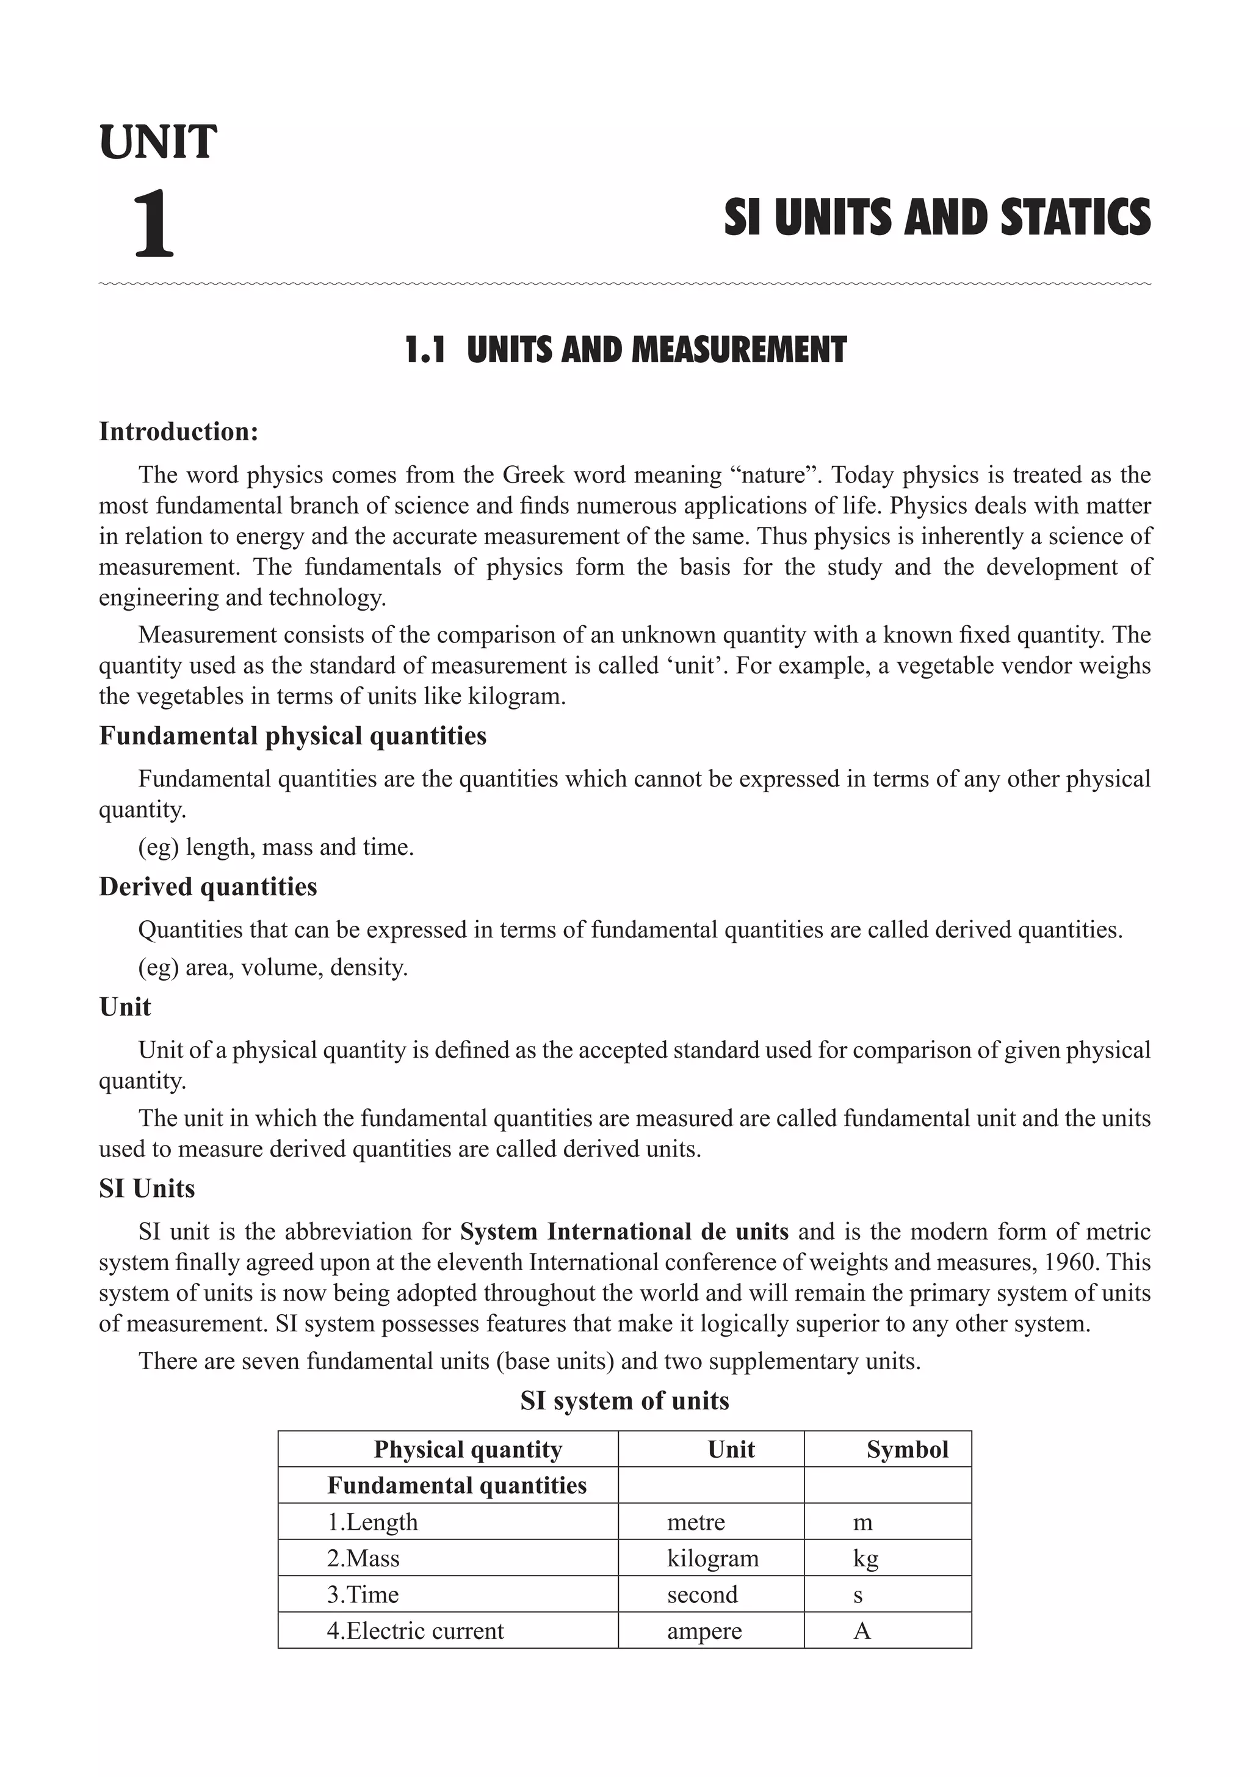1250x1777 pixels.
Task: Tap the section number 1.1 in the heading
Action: click(x=425, y=351)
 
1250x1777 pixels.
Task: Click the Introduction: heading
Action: click(x=179, y=432)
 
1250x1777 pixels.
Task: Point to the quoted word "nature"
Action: click(x=776, y=474)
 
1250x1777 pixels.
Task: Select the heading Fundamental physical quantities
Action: click(x=292, y=735)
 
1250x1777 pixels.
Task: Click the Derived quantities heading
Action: click(x=208, y=886)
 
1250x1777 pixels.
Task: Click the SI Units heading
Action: click(x=147, y=1188)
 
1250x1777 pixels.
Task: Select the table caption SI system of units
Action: click(x=624, y=1401)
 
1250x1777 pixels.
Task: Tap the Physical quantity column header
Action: click(x=468, y=1450)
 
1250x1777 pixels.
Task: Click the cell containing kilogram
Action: click(x=712, y=1558)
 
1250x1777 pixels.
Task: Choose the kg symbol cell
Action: click(x=865, y=1558)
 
